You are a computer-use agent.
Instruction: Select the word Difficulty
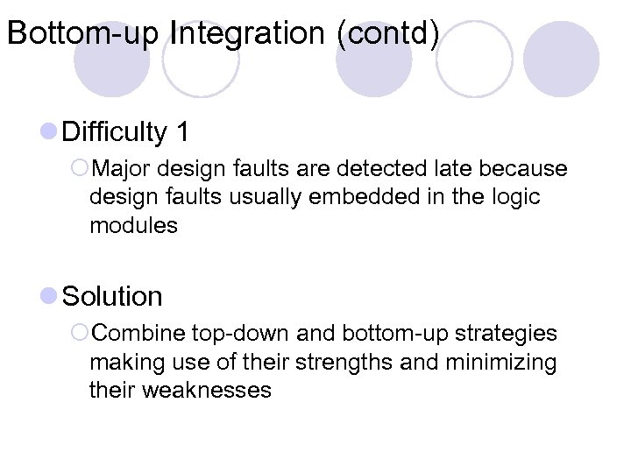pyautogui.click(x=115, y=132)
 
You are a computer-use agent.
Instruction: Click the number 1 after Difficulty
pyautogui.click(x=182, y=132)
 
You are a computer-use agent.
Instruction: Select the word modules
pyautogui.click(x=133, y=226)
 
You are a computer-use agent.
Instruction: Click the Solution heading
pyautogui.click(x=113, y=297)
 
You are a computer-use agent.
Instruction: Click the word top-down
pyautogui.click(x=242, y=334)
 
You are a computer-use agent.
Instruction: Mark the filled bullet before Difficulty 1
pyautogui.click(x=49, y=133)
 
